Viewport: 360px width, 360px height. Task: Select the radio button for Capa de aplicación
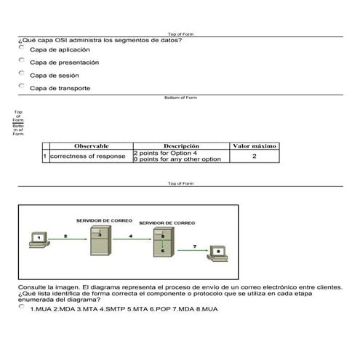point(22,47)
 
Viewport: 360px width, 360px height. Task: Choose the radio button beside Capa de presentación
point(22,60)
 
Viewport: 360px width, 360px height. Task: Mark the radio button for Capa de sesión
point(22,73)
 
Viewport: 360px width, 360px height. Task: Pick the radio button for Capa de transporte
point(22,87)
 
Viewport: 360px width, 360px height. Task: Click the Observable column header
point(91,146)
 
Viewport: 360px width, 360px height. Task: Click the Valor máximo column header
point(254,146)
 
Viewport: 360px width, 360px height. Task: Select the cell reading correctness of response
point(89,156)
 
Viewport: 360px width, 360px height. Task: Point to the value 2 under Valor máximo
point(254,156)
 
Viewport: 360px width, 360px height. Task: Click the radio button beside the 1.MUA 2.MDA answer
point(22,307)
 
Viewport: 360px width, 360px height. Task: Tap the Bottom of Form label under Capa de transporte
point(180,97)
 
